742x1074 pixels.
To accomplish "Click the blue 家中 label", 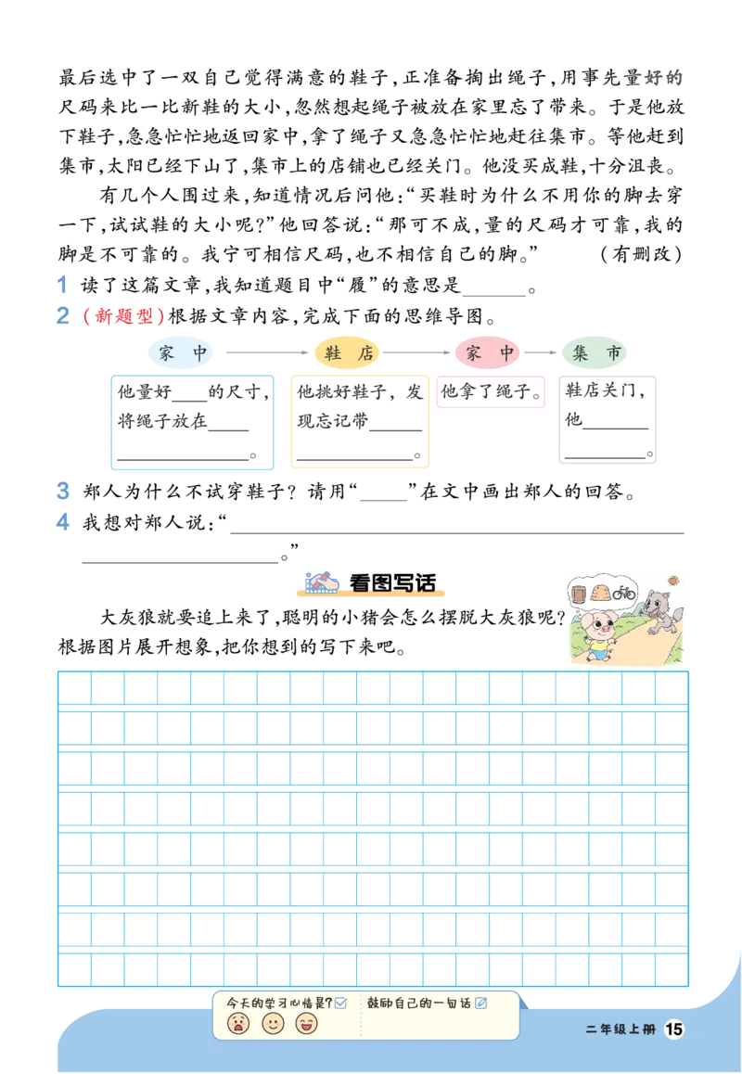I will pyautogui.click(x=183, y=353).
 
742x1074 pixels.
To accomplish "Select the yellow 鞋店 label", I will pyautogui.click(x=348, y=353).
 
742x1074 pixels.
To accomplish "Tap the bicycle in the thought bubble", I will pyautogui.click(x=624, y=592).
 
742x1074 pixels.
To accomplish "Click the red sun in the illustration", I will pyautogui.click(x=672, y=581).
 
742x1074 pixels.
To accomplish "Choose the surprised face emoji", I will pyautogui.click(x=238, y=1023).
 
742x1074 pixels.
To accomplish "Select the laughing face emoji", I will pyautogui.click(x=306, y=1023).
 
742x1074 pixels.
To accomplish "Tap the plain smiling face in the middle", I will pyautogui.click(x=273, y=1023).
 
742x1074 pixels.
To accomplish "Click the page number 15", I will pyautogui.click(x=674, y=1029).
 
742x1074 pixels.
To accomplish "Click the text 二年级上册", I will pyautogui.click(x=620, y=1029).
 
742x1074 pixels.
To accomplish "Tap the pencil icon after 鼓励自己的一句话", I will pyautogui.click(x=480, y=1003).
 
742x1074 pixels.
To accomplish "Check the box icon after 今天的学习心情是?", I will pyautogui.click(x=340, y=1003).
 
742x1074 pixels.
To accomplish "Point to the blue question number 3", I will pyautogui.click(x=62, y=489).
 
